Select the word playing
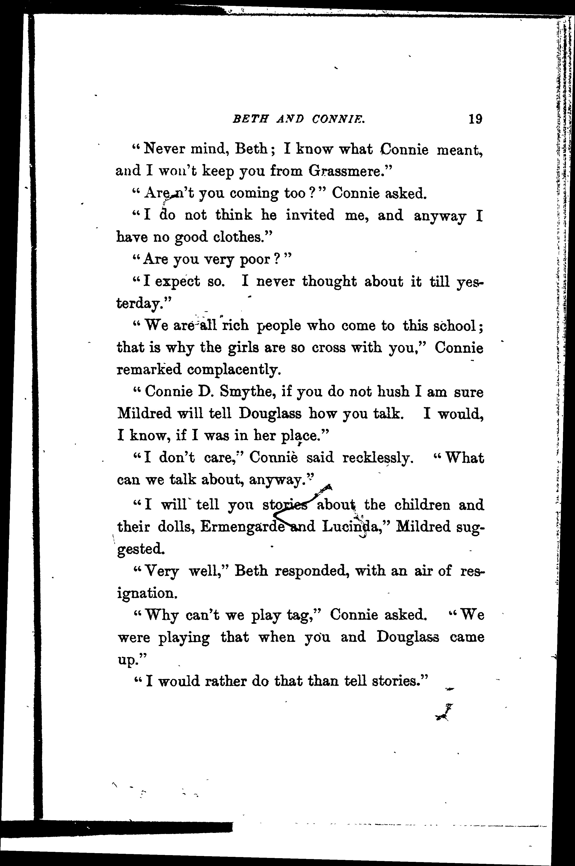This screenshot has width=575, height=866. tap(184, 638)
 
